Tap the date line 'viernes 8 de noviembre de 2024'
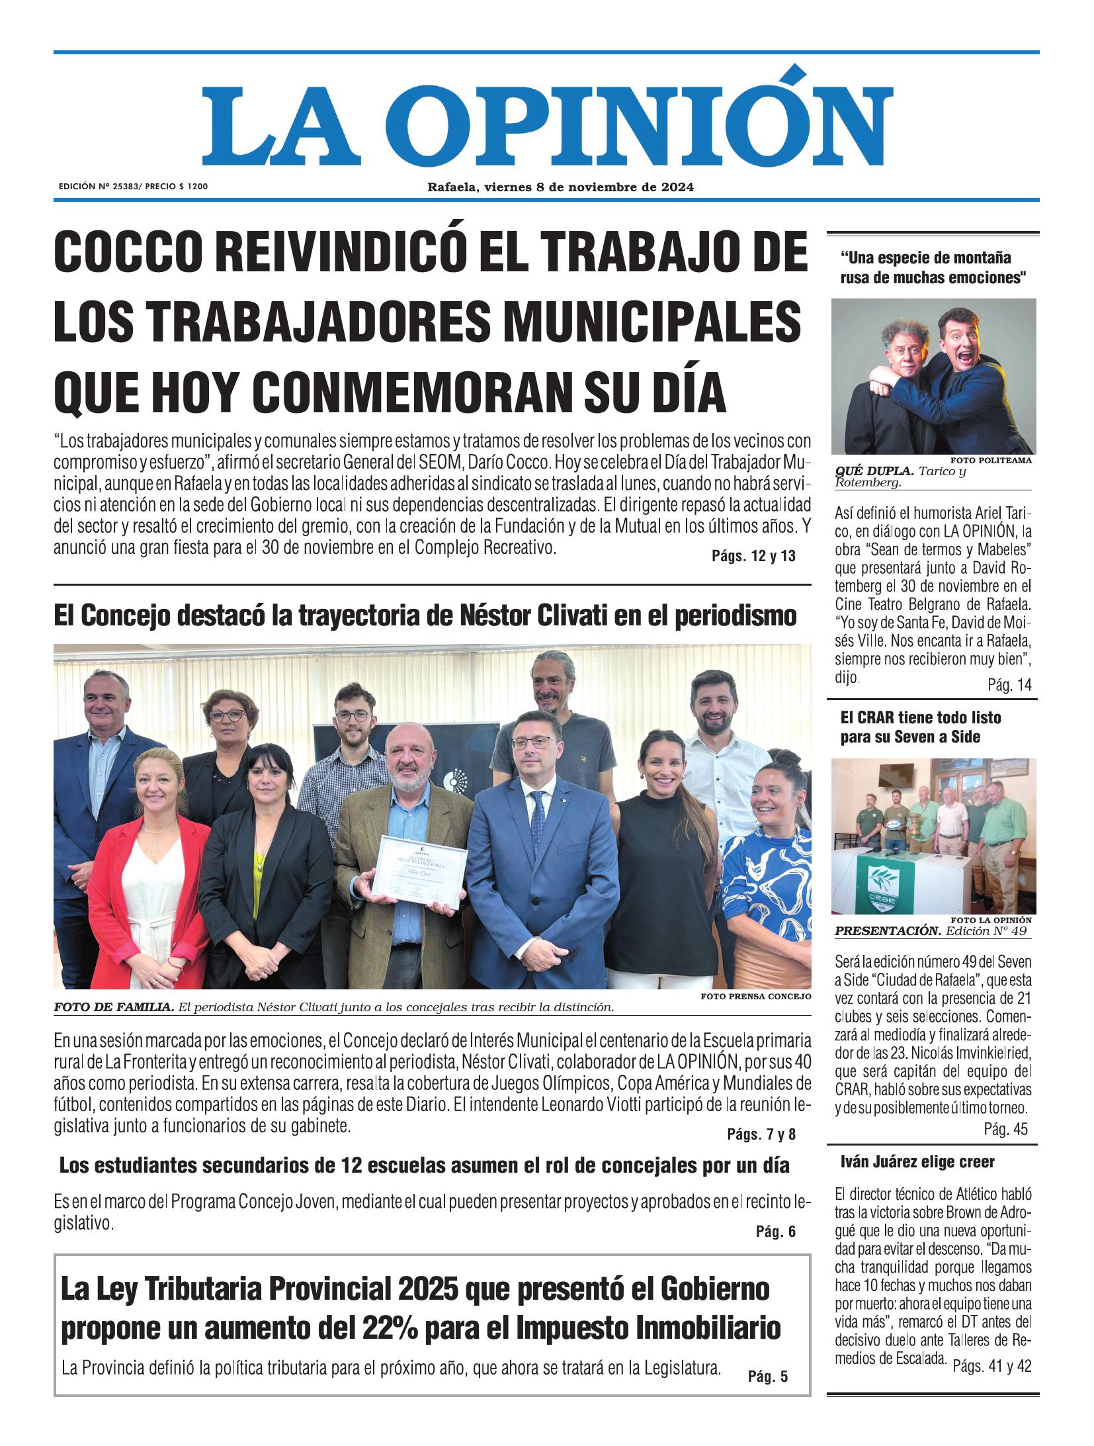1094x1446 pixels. point(589,187)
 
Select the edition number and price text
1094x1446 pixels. point(133,187)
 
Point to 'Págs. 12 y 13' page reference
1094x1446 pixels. point(753,557)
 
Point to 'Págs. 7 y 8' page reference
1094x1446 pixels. point(761,1135)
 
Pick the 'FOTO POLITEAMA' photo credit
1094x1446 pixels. point(991,460)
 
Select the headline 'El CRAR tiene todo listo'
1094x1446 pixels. point(920,717)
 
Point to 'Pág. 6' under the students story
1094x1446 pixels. point(775,1232)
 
